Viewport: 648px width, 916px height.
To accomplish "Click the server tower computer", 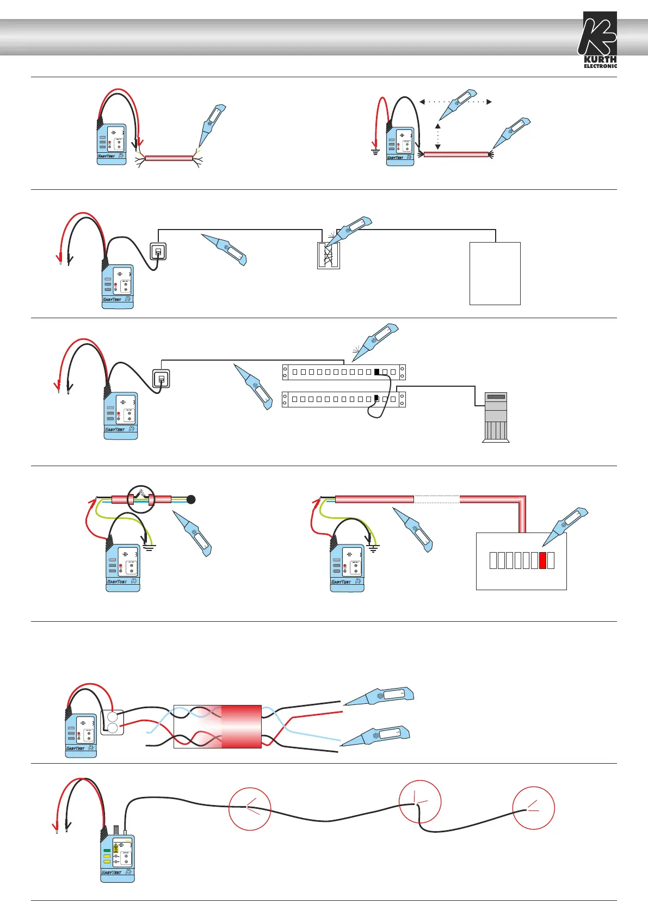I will coord(496,417).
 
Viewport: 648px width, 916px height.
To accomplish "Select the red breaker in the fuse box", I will coord(542,560).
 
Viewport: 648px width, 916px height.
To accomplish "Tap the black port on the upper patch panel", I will coord(377,372).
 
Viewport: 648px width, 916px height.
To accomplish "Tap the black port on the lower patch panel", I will coord(377,399).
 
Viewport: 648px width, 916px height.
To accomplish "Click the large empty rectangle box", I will coord(495,273).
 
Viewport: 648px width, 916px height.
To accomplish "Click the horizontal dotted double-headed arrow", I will coord(455,102).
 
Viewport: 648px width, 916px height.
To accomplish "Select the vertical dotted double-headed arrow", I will coord(437,137).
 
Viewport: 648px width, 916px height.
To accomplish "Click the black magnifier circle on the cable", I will coord(141,498).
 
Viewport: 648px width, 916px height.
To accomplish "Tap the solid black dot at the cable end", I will coord(191,499).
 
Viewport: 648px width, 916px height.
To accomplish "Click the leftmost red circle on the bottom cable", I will coord(250,809).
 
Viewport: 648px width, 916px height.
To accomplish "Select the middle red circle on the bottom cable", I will coord(419,802).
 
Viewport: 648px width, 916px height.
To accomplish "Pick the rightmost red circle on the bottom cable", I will coord(533,808).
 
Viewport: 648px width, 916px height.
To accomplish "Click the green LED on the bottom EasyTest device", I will coord(107,850).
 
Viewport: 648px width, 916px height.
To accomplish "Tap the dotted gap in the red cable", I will coord(437,499).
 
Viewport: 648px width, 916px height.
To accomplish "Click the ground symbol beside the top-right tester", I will coord(375,151).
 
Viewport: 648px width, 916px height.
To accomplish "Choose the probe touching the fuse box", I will coord(566,526).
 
